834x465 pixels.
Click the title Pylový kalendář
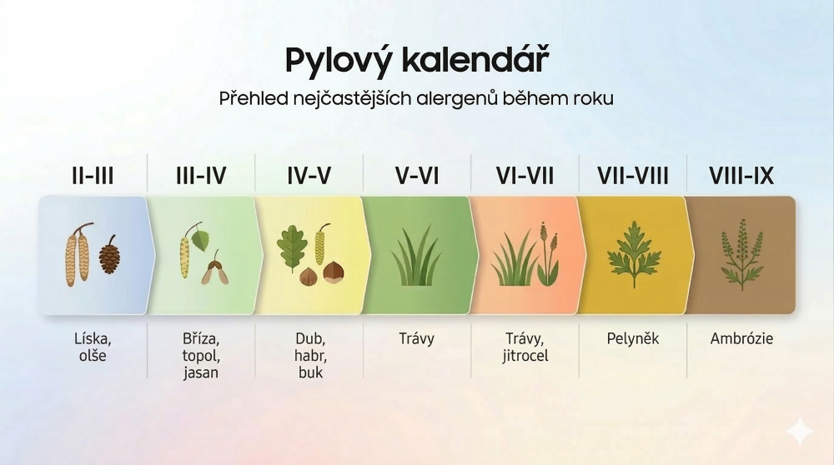click(417, 59)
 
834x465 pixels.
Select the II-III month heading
click(93, 176)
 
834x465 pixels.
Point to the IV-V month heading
click(309, 176)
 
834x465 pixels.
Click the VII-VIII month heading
click(632, 176)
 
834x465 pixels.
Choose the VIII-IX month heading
click(741, 176)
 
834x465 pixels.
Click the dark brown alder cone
click(109, 254)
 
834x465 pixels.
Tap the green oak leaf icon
click(292, 248)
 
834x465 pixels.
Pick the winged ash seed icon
click(215, 271)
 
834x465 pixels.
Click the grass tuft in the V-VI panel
click(416, 257)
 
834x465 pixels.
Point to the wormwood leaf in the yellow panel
click(634, 254)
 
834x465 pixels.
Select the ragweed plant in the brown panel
click(741, 254)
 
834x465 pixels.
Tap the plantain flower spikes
click(548, 254)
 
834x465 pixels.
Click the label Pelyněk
click(633, 338)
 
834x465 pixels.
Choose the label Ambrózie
click(741, 338)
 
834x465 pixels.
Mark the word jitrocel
click(525, 356)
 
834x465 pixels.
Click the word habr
click(310, 356)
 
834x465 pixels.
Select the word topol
click(201, 356)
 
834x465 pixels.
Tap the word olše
click(93, 356)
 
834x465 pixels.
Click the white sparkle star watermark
click(800, 431)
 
